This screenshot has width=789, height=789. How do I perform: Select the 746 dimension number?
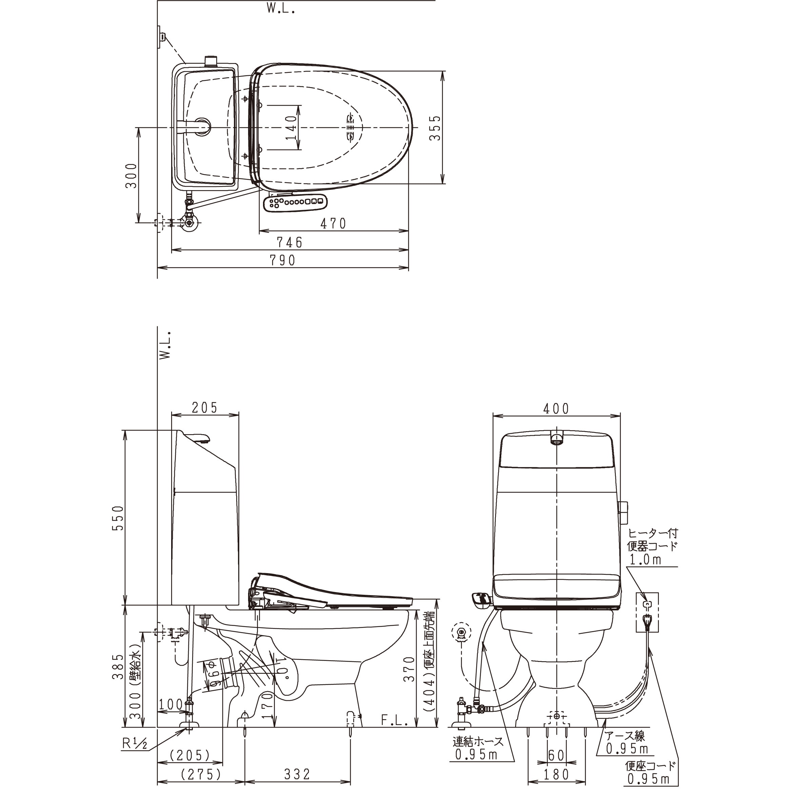[x=290, y=243]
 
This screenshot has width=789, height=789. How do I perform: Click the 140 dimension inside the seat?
[x=290, y=127]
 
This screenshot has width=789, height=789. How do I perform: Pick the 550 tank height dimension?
[x=118, y=518]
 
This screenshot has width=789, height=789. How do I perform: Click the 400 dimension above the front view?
[x=556, y=408]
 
